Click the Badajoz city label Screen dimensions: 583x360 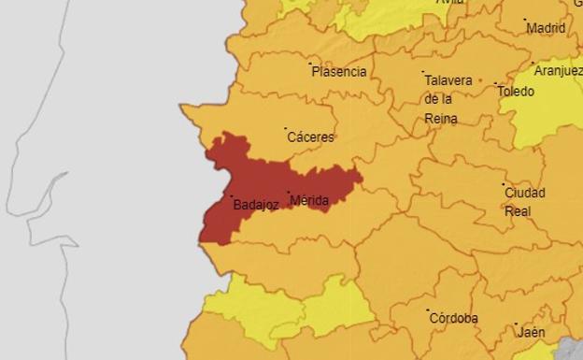coord(256,205)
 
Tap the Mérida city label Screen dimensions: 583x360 coord(309,201)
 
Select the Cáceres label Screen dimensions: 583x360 coord(310,137)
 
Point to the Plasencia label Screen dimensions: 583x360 coord(339,71)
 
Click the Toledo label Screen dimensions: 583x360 coord(516,92)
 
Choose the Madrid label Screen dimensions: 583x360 coord(546,28)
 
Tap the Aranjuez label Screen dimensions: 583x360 coord(558,71)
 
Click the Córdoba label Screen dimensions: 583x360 coord(453,318)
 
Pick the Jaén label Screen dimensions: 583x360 coord(532,332)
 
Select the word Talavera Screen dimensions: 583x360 coord(448,80)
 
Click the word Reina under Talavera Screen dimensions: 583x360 coord(440,118)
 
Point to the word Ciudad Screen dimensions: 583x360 coord(525,193)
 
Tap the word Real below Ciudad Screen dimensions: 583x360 coord(518,211)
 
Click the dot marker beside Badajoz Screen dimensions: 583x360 coord(232,196)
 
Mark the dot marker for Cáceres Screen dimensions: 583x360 coord(285,129)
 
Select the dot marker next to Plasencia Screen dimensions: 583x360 coord(310,64)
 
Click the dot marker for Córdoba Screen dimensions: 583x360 coord(428,310)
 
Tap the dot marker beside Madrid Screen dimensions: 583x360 coord(525,20)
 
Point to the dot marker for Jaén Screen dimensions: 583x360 coord(516,324)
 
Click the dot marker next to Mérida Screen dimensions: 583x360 coord(288,194)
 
